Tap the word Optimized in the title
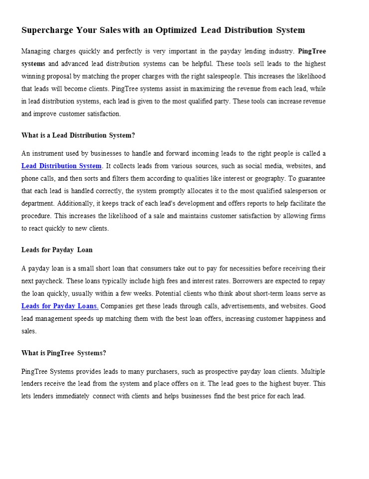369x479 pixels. click(176, 30)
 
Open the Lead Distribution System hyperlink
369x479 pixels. click(62, 166)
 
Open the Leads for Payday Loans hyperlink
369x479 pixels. click(60, 306)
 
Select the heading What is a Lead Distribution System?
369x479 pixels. click(78, 135)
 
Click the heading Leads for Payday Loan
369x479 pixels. click(57, 250)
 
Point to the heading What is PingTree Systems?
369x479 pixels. click(64, 353)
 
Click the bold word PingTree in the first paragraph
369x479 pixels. click(312, 51)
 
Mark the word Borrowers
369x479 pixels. click(225, 281)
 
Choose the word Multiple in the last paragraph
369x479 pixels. click(313, 372)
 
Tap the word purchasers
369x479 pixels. click(152, 372)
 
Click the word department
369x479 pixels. click(38, 204)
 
